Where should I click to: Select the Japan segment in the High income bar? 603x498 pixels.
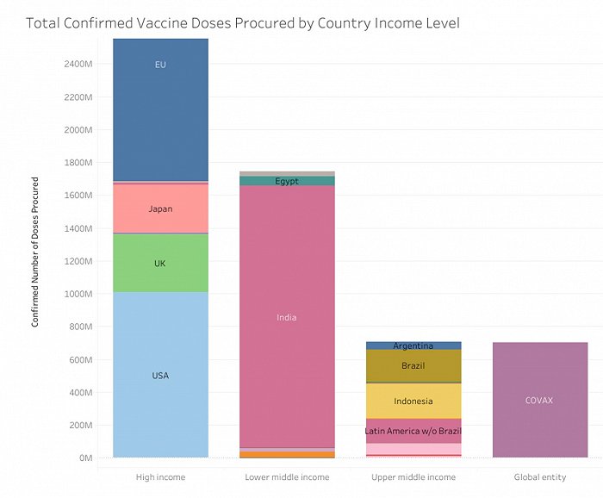coord(160,209)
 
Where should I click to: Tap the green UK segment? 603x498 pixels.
coord(160,263)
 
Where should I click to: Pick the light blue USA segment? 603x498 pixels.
coord(160,376)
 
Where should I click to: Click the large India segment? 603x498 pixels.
coord(287,318)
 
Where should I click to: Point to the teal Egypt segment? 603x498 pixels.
coord(287,181)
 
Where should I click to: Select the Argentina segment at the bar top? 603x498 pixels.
coord(413,345)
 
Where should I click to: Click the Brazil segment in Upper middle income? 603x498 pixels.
coord(413,366)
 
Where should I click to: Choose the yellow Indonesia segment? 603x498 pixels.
coord(413,402)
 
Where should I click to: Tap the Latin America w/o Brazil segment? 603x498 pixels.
coord(413,431)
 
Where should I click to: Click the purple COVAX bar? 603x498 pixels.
coord(539,400)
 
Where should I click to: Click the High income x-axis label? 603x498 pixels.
coord(160,476)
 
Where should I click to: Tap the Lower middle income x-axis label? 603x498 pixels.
coord(287,476)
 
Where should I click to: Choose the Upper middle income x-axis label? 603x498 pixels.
coord(413,476)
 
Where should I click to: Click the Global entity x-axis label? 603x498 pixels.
coord(539,476)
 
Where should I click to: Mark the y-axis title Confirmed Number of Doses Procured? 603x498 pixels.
coord(35,252)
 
